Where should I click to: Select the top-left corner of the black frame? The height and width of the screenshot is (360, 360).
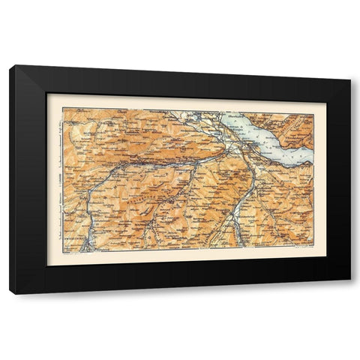(x=10, y=66)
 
